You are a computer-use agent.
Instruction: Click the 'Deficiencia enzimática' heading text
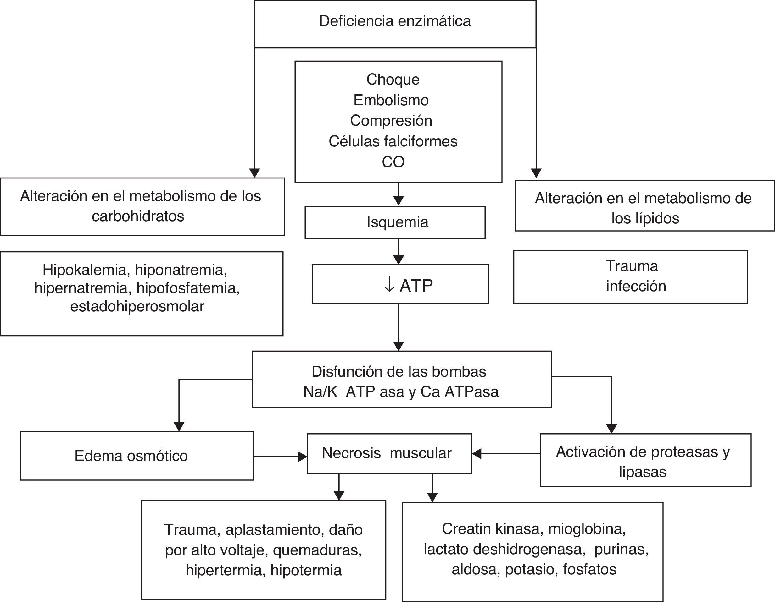[x=395, y=21]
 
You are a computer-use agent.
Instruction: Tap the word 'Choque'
[x=393, y=79]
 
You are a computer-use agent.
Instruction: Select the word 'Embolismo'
[x=391, y=100]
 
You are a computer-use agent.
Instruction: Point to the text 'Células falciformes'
[x=393, y=141]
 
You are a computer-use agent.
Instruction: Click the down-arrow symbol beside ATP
[x=389, y=285]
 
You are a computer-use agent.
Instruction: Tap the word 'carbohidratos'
[x=138, y=216]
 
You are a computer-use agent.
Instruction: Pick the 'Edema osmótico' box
[x=137, y=456]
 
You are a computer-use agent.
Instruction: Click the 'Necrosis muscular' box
[x=389, y=453]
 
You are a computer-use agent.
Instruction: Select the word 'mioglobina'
[x=587, y=529]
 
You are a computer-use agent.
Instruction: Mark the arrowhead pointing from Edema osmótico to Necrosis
[x=303, y=457]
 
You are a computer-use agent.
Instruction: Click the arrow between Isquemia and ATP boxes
[x=399, y=252]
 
